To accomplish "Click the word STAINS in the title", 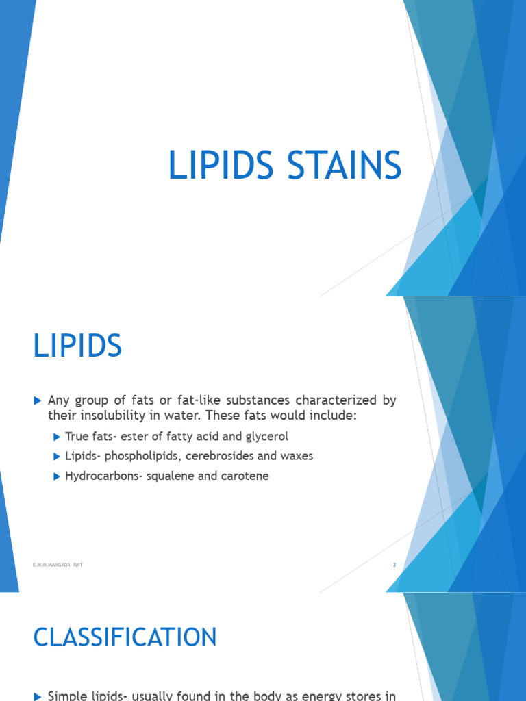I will click(x=343, y=166).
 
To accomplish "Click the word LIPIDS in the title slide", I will click(x=221, y=166).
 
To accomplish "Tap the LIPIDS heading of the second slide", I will click(x=77, y=346).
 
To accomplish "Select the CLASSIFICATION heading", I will click(x=125, y=637).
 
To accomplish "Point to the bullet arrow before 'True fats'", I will click(x=56, y=436).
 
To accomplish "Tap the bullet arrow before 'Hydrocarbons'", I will click(x=56, y=476).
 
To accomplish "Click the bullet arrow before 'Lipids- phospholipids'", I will click(x=56, y=456).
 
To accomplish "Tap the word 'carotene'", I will click(x=245, y=476).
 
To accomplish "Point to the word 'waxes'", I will click(x=296, y=456).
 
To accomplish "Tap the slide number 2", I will click(x=394, y=565).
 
